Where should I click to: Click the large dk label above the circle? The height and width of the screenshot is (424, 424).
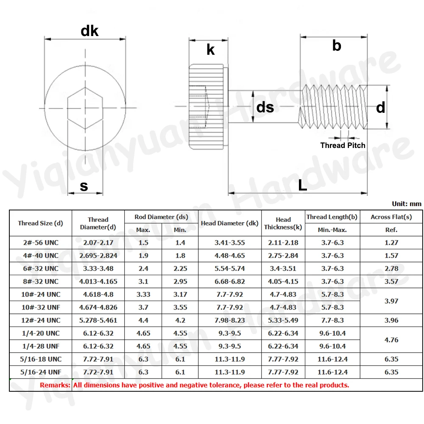coord(89,31)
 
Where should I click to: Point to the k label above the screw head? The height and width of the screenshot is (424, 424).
coord(211,50)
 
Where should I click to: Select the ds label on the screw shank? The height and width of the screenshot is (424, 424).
coord(265,107)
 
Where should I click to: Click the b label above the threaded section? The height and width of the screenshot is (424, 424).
coord(337,45)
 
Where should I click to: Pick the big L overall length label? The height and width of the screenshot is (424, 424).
coord(302,185)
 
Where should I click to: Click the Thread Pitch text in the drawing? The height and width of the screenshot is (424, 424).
coord(343,145)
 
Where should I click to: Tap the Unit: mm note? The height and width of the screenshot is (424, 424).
coord(407,204)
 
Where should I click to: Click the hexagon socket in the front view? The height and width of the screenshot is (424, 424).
coord(85,108)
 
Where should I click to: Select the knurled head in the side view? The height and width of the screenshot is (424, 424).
coord(206,107)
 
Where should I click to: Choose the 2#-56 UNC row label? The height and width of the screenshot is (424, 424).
coord(41,243)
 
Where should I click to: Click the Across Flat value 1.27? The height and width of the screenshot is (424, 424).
coord(391,243)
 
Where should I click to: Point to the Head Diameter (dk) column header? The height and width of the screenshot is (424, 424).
coord(229,223)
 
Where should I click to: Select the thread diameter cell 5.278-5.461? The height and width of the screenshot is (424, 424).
coord(98,320)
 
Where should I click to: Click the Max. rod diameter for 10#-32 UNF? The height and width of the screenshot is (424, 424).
coord(143,307)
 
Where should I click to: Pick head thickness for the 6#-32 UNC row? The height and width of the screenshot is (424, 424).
coord(283,268)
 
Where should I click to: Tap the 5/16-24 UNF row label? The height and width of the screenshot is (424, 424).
coord(41,372)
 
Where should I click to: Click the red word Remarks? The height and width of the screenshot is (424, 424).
coord(55,385)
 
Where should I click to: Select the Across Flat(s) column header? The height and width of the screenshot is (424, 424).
coord(391,217)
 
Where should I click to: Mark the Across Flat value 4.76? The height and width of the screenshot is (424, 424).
coord(391,340)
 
